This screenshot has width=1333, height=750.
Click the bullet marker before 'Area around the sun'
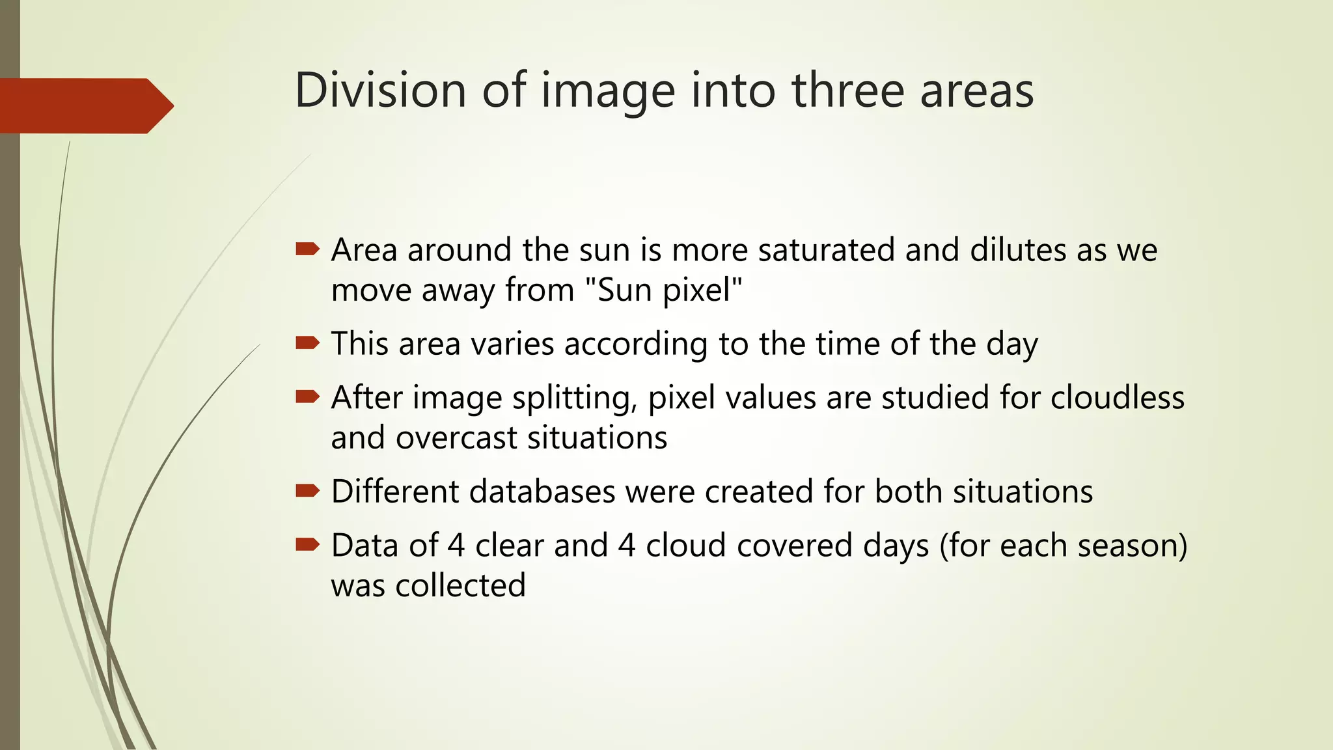pos(307,249)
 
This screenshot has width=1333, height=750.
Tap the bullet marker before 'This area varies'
pos(307,342)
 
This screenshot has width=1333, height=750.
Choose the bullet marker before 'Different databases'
pos(307,490)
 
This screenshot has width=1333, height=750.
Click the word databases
pos(542,492)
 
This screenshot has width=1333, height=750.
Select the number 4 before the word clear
pos(456,546)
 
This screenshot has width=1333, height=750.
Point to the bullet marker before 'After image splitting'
pos(307,396)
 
